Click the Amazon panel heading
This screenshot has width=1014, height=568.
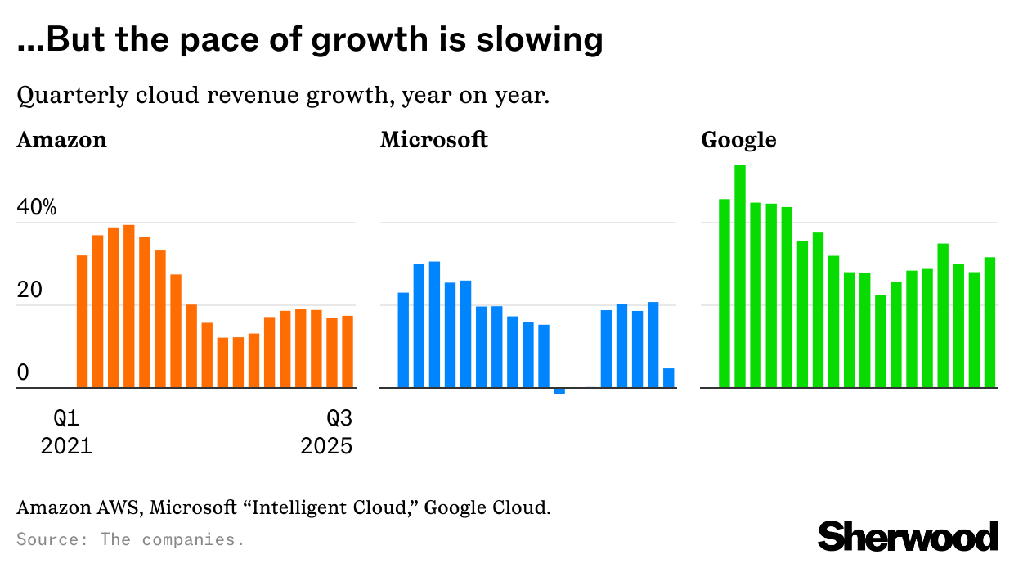tap(62, 140)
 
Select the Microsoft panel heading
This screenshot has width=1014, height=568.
tap(434, 140)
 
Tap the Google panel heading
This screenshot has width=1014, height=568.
tap(738, 140)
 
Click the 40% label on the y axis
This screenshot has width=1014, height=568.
tap(37, 208)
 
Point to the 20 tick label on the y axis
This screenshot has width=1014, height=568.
tap(29, 291)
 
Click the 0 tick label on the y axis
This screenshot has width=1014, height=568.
tap(23, 373)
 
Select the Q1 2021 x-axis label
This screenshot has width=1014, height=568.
tap(66, 432)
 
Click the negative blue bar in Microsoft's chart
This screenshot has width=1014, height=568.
tap(559, 391)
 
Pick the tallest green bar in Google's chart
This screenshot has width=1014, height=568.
tap(740, 277)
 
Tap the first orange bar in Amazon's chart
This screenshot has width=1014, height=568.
tap(82, 322)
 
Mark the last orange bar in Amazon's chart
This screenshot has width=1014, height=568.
tap(348, 352)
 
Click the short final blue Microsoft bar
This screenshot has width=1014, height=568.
tap(669, 378)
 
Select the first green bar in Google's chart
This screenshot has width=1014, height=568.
tap(725, 293)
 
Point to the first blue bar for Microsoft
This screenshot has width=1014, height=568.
tap(403, 340)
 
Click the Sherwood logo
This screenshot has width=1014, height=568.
tap(908, 537)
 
